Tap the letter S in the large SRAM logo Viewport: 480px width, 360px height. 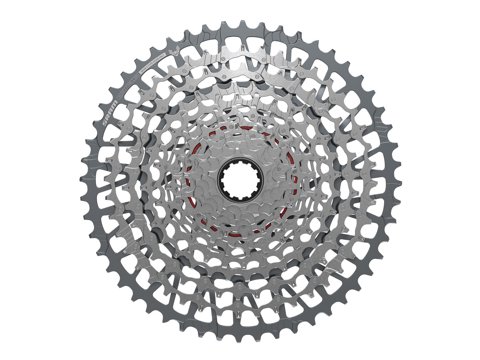point(105,123)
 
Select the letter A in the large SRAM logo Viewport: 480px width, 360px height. point(111,111)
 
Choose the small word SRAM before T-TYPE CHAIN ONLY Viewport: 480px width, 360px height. point(143,70)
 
